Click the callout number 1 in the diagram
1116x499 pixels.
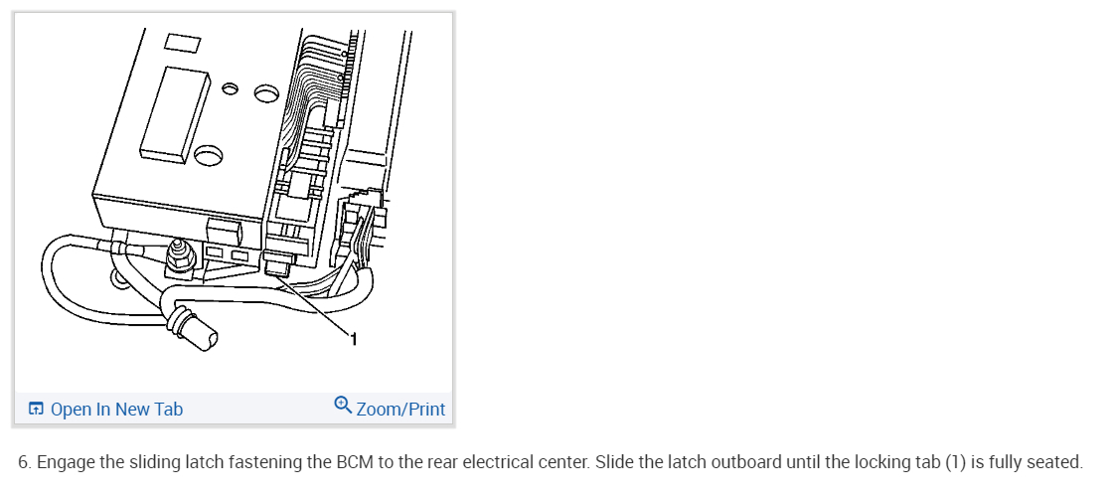click(354, 341)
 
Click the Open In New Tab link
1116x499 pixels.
click(116, 409)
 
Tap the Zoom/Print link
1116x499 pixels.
click(400, 409)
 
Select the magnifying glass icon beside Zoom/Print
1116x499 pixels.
click(343, 406)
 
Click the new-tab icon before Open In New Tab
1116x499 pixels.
click(37, 409)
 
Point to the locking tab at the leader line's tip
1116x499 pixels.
click(279, 266)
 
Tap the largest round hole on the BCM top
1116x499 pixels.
click(210, 155)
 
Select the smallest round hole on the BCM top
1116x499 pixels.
click(230, 90)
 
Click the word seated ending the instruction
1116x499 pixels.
click(1054, 462)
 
